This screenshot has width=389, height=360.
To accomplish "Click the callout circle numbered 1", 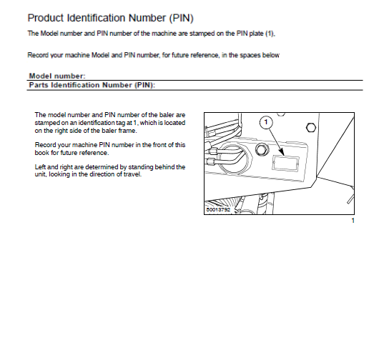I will (x=266, y=123).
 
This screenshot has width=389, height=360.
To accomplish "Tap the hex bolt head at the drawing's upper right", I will (x=311, y=128).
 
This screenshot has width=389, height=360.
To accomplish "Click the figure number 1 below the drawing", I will (x=353, y=221).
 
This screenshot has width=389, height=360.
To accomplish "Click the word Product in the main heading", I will (x=45, y=16).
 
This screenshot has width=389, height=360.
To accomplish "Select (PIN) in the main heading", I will (x=178, y=16).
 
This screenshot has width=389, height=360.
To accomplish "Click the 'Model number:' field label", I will (x=57, y=76).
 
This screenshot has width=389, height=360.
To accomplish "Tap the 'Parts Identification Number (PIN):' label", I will (x=92, y=84).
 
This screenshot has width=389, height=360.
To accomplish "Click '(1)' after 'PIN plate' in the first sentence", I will (x=270, y=34).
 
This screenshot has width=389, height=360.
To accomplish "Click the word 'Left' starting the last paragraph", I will (x=41, y=166).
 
